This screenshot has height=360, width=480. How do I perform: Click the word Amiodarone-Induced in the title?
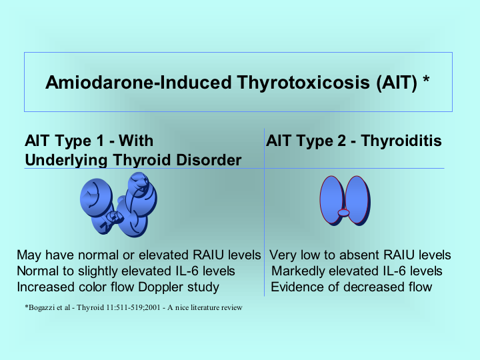[139, 83]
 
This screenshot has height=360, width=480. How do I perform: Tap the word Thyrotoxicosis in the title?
[303, 83]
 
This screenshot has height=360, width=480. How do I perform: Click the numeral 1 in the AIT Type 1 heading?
[101, 141]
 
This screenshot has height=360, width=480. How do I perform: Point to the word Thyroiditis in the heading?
[401, 141]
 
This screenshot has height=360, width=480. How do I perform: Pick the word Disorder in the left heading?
[209, 160]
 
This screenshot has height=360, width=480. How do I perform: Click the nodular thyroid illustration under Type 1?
[119, 205]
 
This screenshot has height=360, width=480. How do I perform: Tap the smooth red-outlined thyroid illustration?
[345, 201]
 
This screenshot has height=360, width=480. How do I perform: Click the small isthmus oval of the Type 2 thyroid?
[343, 213]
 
